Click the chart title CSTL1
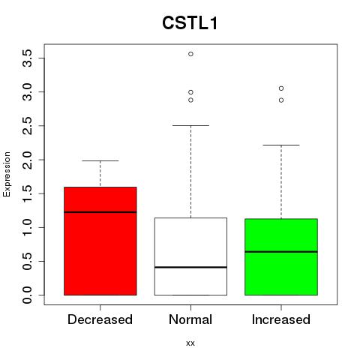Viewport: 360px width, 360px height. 190,23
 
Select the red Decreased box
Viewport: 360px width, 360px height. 100,241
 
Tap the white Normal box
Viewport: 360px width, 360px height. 190,256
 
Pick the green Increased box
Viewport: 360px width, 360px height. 281,257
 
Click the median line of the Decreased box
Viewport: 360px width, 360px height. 100,212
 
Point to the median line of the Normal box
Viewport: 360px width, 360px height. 190,267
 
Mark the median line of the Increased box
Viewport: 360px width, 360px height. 281,252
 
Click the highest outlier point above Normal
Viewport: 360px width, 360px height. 190,54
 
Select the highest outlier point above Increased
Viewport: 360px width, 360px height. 281,88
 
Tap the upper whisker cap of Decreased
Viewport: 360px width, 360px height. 100,160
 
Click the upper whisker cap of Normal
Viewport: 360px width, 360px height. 190,125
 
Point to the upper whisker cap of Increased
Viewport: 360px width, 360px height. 281,145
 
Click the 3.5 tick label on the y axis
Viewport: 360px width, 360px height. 28,58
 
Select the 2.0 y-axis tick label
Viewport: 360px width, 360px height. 28,160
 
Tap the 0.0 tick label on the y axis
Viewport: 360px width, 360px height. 28,295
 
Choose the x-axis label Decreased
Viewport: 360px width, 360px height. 100,319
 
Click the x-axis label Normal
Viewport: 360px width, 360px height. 190,319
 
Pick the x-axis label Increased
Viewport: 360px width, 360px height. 281,319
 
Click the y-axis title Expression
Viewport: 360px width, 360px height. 7,174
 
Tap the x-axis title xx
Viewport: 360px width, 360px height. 190,343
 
